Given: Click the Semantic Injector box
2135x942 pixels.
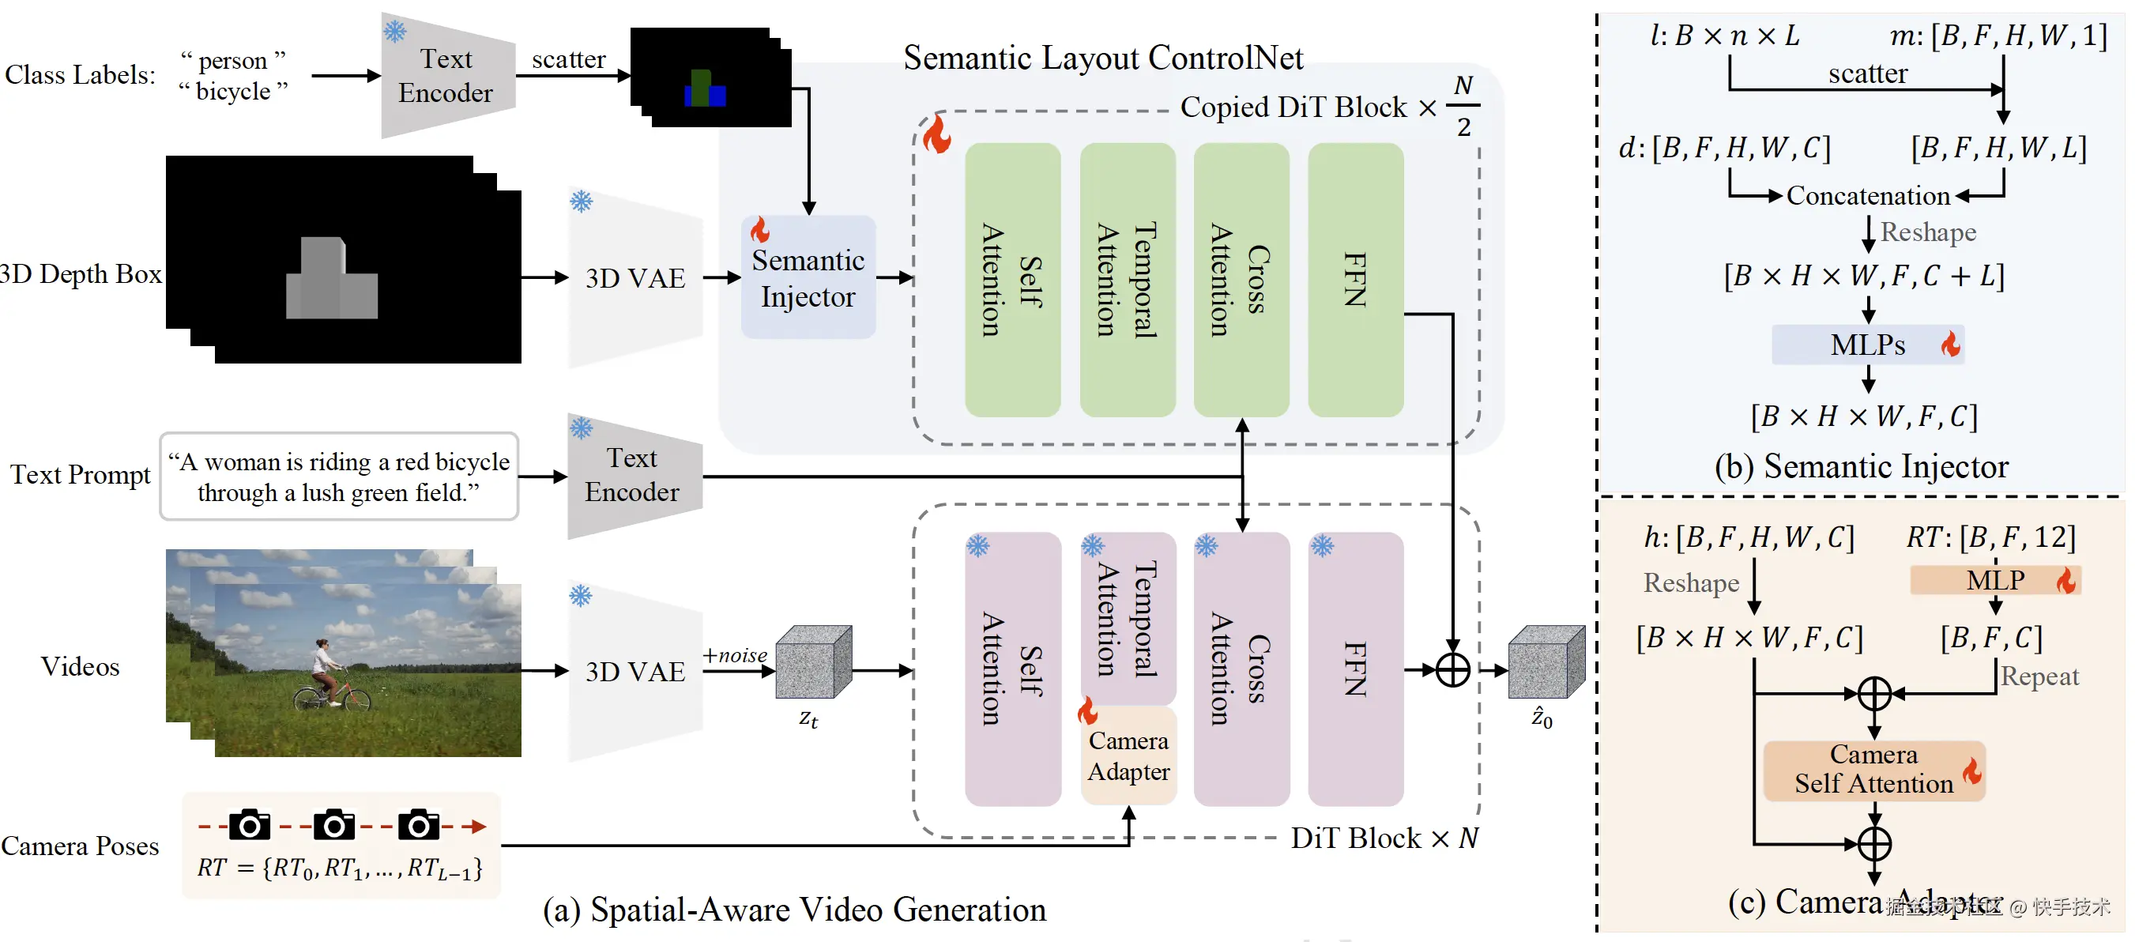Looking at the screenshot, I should point(808,278).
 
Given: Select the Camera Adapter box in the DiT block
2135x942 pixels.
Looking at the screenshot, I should point(1128,755).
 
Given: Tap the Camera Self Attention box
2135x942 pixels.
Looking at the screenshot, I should point(1873,771).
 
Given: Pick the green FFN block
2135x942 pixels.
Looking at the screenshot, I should point(1355,280).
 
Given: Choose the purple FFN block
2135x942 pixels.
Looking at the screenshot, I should point(1355,669).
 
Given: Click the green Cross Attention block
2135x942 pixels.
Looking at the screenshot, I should point(1241,280).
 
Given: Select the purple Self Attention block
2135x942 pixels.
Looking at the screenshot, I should point(1012,669).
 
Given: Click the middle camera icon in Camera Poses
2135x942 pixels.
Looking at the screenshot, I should point(334,825).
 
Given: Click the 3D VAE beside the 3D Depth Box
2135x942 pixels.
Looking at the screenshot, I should point(634,279).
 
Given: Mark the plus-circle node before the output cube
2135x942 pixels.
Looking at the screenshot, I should point(1452,670).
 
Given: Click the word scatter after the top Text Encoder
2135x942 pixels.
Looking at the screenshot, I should point(569,60).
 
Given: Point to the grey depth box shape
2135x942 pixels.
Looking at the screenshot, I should point(331,281).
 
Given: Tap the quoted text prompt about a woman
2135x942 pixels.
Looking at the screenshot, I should point(338,477).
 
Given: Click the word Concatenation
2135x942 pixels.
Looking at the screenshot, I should point(1868,196).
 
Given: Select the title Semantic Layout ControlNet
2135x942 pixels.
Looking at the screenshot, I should point(1102,57).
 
